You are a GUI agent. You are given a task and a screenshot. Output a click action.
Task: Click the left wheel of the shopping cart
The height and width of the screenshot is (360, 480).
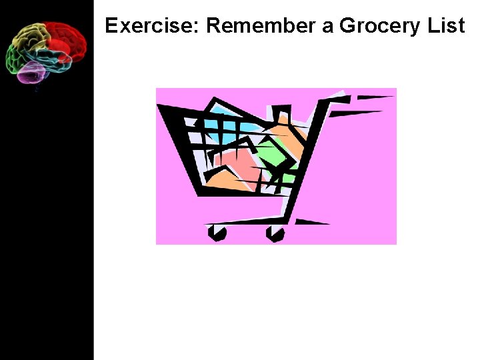tap(217, 233)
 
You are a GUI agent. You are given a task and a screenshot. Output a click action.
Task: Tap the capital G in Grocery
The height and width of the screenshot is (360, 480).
tap(348, 26)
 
